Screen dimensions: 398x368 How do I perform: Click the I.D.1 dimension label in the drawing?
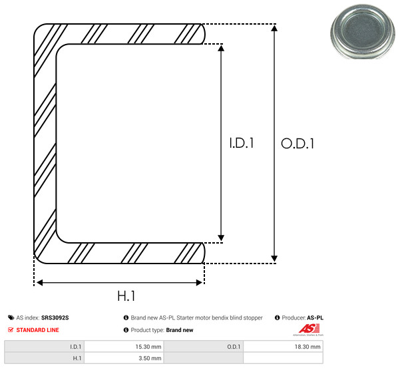(x=242, y=143)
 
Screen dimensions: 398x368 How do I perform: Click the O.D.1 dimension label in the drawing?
(x=298, y=144)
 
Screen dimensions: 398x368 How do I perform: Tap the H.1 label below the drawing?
(x=126, y=295)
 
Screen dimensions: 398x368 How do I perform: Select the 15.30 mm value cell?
(x=124, y=347)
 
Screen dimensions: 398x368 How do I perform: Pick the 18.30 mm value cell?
(x=283, y=347)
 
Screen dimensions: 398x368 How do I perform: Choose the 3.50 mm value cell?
(x=124, y=358)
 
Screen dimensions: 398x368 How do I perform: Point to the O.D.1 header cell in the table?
(x=204, y=347)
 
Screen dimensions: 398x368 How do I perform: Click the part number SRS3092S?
(x=55, y=317)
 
